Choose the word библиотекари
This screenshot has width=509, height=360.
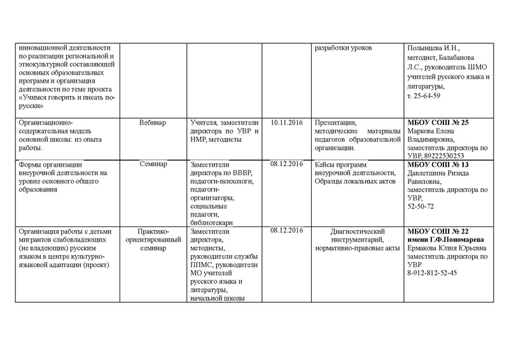(211, 223)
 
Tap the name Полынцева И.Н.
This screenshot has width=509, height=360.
(436, 48)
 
